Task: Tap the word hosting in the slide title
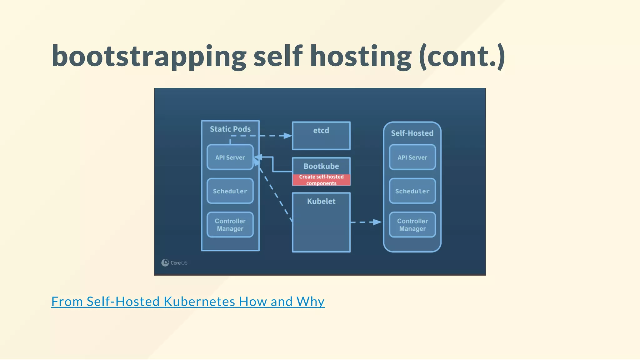pos(361,57)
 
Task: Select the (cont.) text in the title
pos(462,57)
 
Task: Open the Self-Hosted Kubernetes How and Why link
pos(188,302)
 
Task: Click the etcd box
pos(321,136)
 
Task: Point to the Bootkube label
pos(321,166)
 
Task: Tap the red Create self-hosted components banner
pos(321,180)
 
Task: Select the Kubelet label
pos(321,202)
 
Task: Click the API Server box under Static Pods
pos(230,157)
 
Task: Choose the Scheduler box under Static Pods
pos(230,191)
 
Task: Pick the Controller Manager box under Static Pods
pos(230,225)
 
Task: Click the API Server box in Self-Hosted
pos(412,157)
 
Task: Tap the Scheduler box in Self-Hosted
pos(412,191)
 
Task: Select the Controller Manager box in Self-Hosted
pos(412,225)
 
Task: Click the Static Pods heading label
pos(230,129)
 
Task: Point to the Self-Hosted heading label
pos(412,133)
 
